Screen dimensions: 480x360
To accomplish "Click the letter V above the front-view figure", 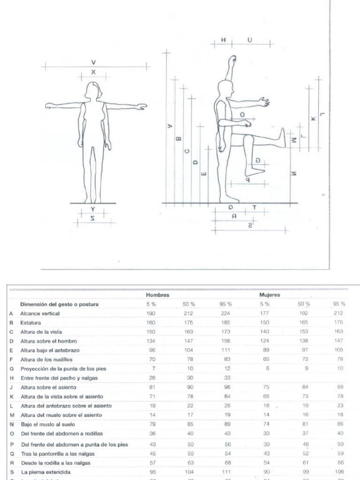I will (x=93, y=62).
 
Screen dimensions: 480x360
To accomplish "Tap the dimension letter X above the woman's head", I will (x=93, y=72).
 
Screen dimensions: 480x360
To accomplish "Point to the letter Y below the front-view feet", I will (x=93, y=209).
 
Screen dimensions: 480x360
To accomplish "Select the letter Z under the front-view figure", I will (x=93, y=218).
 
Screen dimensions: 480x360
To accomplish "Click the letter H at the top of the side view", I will (x=223, y=40).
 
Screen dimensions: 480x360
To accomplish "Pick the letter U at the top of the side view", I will (x=249, y=40).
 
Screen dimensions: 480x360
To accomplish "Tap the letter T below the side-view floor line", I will (x=255, y=207).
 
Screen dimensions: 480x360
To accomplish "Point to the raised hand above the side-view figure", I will (x=232, y=60).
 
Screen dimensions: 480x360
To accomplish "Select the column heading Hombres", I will (x=157, y=295).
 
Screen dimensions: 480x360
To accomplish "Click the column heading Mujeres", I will (x=270, y=295).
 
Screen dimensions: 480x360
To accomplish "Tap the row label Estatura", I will (x=30, y=323).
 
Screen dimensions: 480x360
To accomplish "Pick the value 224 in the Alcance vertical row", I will (x=225, y=314).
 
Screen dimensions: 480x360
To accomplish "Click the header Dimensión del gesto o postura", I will (x=59, y=304).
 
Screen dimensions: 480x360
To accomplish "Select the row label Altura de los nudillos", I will (x=46, y=360).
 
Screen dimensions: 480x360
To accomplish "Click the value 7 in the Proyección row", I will (x=153, y=369).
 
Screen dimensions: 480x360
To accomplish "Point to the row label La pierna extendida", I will (x=45, y=472).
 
